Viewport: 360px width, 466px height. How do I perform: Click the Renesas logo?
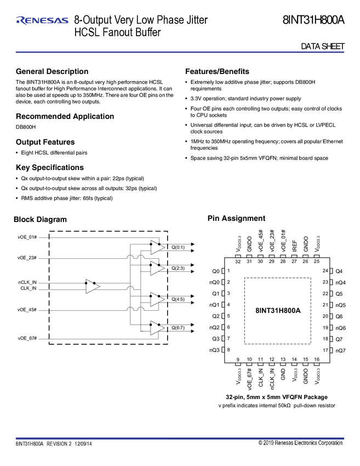click(x=42, y=21)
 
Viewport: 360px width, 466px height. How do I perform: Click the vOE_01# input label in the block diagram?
click(x=27, y=237)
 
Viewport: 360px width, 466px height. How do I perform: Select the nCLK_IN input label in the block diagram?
click(x=27, y=282)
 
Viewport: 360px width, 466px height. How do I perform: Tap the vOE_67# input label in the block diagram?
click(x=27, y=338)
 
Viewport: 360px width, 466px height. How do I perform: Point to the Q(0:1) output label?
click(x=178, y=247)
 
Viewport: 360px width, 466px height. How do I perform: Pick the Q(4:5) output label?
click(x=178, y=299)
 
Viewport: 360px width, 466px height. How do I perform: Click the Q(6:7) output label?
click(x=178, y=327)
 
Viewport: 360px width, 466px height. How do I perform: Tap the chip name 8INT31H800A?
click(x=278, y=310)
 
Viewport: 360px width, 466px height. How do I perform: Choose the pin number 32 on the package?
click(x=238, y=262)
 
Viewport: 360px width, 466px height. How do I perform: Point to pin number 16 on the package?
click(x=317, y=360)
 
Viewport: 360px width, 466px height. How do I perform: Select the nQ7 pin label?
click(x=341, y=350)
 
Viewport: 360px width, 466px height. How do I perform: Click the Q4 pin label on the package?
click(x=339, y=271)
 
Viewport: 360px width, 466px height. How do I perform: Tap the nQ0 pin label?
click(x=214, y=282)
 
